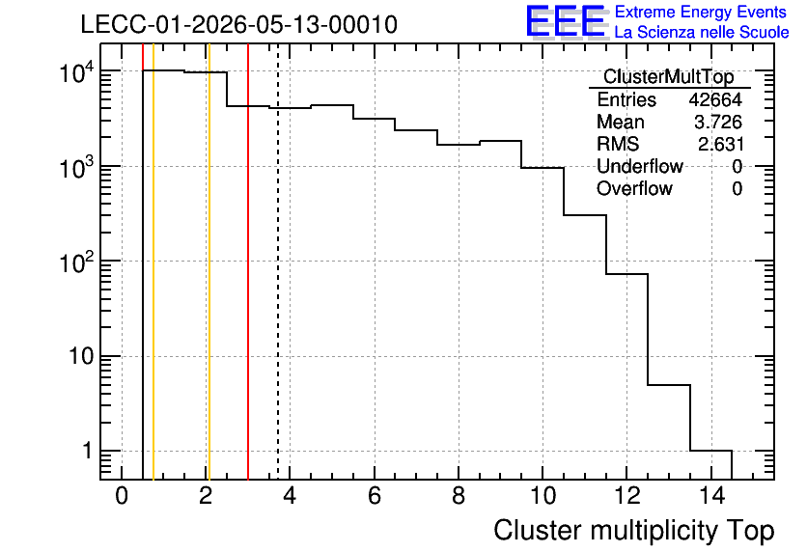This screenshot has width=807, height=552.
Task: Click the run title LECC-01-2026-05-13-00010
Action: point(239,25)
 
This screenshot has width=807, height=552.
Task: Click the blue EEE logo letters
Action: point(566,21)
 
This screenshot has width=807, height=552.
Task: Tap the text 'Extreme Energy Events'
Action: point(701,12)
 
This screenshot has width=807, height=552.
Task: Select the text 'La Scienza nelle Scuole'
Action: point(702,32)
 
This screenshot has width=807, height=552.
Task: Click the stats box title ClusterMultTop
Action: point(669,76)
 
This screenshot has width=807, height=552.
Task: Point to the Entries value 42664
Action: point(715,99)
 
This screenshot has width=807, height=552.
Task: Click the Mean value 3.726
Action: point(718,122)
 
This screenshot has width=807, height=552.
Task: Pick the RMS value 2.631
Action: point(720,144)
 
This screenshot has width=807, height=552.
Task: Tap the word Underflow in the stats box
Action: point(640,166)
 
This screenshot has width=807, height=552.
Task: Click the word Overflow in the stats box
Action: point(634,188)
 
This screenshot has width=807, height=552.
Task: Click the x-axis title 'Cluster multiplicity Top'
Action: point(634,531)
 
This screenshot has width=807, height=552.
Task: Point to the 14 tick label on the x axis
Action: point(712,496)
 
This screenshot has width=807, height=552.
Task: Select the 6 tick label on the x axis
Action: point(375,496)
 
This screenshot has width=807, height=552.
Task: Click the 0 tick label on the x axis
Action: point(122,496)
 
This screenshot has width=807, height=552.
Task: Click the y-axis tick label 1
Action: point(88,451)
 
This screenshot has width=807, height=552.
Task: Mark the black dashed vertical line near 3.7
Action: point(278,262)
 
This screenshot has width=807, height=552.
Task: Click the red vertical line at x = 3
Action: point(248,262)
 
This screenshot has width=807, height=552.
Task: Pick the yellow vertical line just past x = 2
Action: point(209,262)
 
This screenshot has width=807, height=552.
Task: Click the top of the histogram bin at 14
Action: point(710,451)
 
